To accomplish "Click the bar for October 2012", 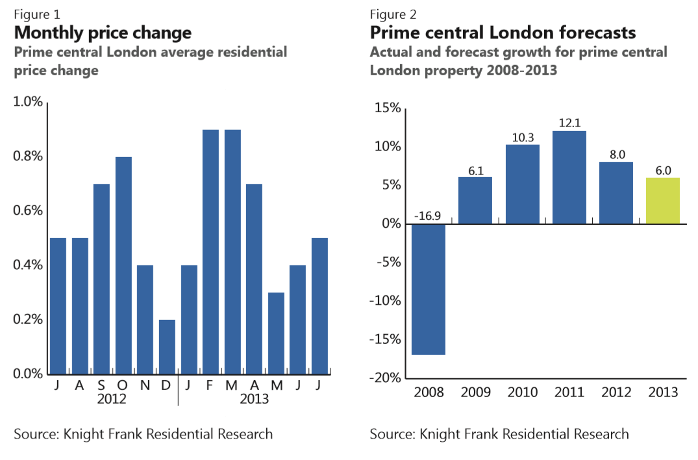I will tap(123, 265).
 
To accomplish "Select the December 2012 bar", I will tap(167, 346).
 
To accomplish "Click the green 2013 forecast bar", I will tap(663, 201).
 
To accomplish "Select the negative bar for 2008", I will tap(429, 289).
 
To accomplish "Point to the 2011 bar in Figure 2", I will tap(569, 178).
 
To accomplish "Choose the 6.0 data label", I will tap(663, 170).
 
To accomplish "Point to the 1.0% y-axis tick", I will tap(29, 102).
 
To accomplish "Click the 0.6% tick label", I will tap(29, 211).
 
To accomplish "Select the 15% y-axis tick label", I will tap(387, 108).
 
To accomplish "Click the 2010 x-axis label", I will tap(523, 393).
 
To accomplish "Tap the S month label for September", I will tap(101, 385).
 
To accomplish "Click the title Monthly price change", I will tap(103, 32).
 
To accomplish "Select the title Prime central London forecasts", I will tap(503, 32).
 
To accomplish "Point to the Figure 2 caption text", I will tap(393, 14).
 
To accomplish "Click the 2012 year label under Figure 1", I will tap(112, 399).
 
